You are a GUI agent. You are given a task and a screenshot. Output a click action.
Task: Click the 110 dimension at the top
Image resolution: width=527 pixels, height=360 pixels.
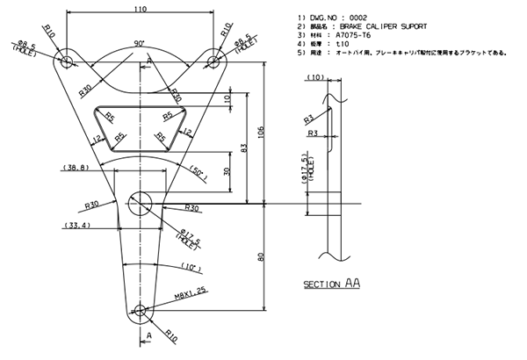tap(141, 10)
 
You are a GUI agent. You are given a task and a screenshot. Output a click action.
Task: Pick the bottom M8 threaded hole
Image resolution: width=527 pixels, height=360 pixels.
tap(141, 310)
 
